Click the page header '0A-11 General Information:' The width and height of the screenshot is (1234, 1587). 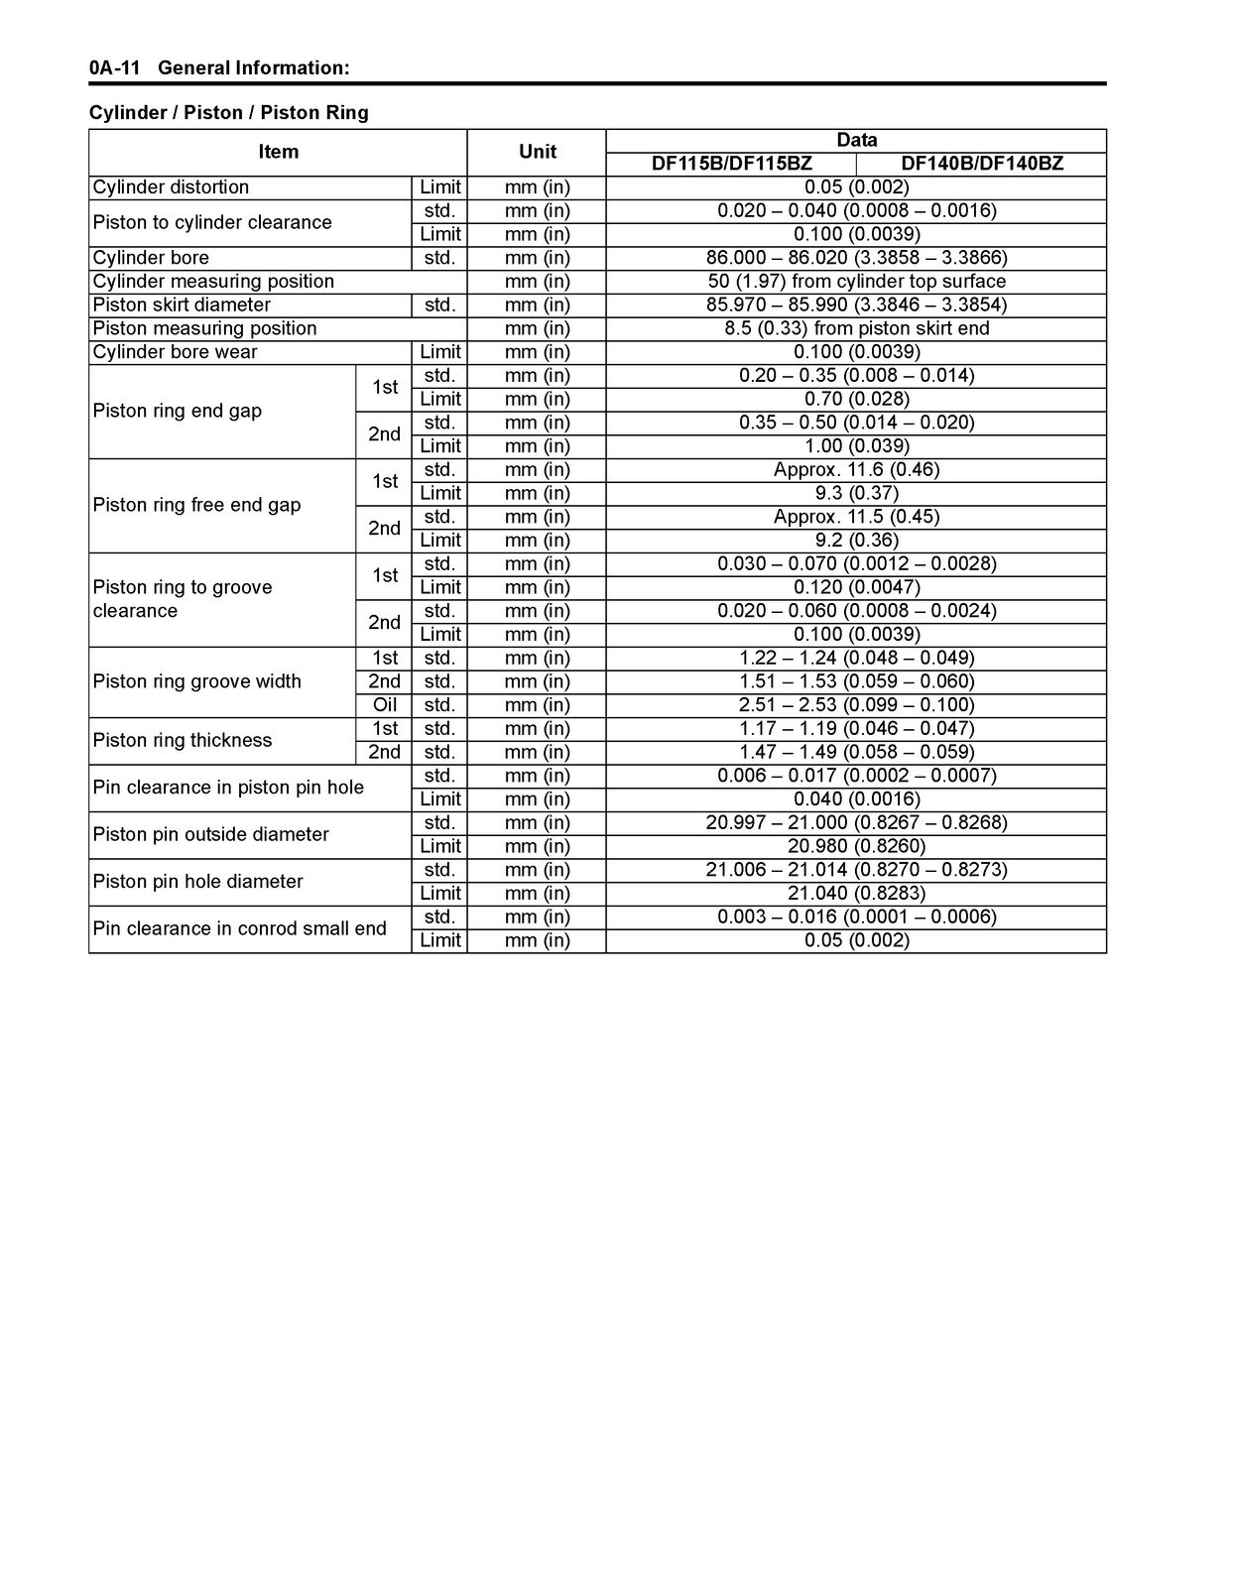[219, 68]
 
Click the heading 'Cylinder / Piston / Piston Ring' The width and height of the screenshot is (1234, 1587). [229, 113]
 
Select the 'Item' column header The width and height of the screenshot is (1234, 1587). [278, 152]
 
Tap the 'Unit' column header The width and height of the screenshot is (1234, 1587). [537, 152]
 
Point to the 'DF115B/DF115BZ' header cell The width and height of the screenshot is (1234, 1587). [731, 164]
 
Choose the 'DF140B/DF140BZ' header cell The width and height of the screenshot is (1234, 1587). [981, 164]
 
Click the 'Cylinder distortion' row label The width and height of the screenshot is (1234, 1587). [171, 187]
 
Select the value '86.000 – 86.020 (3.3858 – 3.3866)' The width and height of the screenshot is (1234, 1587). [856, 258]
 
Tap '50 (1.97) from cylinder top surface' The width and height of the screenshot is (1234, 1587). [856, 282]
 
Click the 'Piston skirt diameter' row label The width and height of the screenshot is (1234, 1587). [182, 305]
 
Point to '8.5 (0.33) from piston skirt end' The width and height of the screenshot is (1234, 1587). [856, 328]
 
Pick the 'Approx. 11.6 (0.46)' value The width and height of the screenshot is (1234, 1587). [856, 470]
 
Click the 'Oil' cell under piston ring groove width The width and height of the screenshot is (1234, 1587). [385, 705]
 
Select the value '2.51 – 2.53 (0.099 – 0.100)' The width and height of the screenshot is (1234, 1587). [856, 705]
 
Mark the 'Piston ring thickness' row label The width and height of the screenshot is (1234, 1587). [183, 741]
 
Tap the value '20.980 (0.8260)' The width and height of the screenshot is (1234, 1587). [856, 846]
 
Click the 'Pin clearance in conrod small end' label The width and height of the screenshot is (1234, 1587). [240, 929]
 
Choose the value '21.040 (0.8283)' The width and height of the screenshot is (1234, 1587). [856, 894]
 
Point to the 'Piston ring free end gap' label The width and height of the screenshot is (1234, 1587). [196, 505]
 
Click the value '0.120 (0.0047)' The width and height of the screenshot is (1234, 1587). [856, 587]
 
